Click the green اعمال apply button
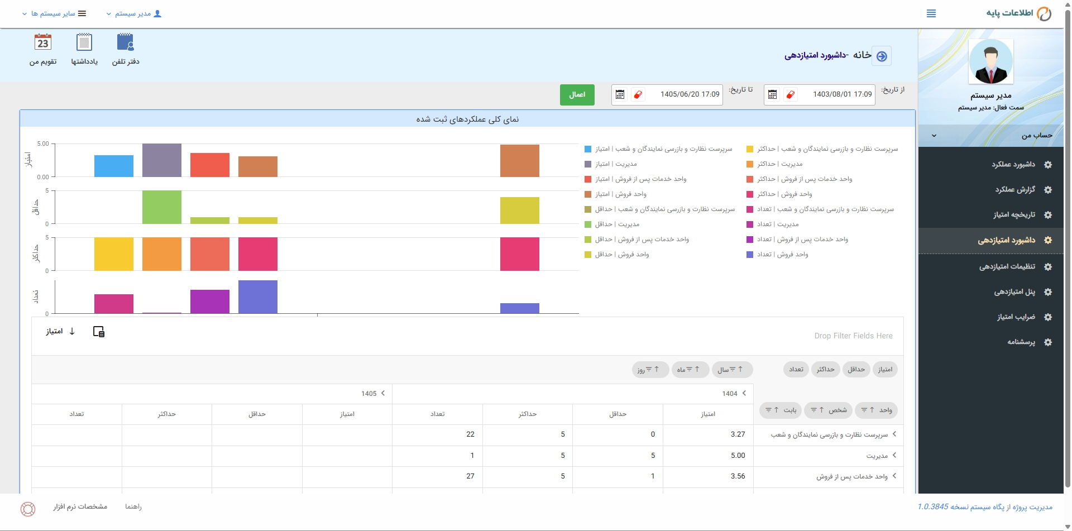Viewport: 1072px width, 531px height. click(x=577, y=95)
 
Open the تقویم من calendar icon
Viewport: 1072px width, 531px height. click(x=43, y=43)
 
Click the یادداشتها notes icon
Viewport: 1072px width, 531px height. click(x=84, y=43)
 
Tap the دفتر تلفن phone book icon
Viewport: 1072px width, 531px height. click(x=126, y=43)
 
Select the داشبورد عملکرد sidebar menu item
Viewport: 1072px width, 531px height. click(x=1013, y=164)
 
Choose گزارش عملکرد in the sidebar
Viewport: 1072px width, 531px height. click(x=1015, y=190)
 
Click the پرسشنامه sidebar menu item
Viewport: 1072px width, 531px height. click(x=1021, y=342)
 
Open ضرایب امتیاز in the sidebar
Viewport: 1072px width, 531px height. click(x=1016, y=317)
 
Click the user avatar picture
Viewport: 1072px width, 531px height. click(x=991, y=61)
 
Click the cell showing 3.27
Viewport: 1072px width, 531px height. click(x=738, y=434)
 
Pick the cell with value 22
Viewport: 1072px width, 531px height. click(x=470, y=434)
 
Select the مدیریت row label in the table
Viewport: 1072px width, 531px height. click(x=877, y=456)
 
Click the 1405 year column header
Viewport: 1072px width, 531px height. click(x=369, y=394)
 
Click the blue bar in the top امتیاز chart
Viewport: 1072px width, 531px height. click(x=114, y=166)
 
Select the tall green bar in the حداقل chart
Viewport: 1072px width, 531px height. click(x=162, y=207)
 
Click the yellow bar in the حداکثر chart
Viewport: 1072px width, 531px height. click(x=114, y=254)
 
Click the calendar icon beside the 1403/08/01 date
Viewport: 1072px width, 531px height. click(x=772, y=95)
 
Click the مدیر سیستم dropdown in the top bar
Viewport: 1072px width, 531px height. click(x=134, y=13)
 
